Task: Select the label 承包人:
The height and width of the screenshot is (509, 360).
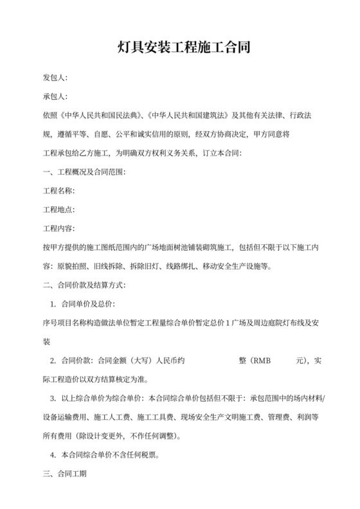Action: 55,97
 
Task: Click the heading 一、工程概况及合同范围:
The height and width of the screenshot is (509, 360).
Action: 84,172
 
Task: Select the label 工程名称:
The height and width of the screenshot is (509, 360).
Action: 59,191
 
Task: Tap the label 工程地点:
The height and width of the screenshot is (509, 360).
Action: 59,210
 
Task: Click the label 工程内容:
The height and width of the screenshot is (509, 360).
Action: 59,228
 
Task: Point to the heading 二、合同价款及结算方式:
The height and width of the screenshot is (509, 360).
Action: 84,285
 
